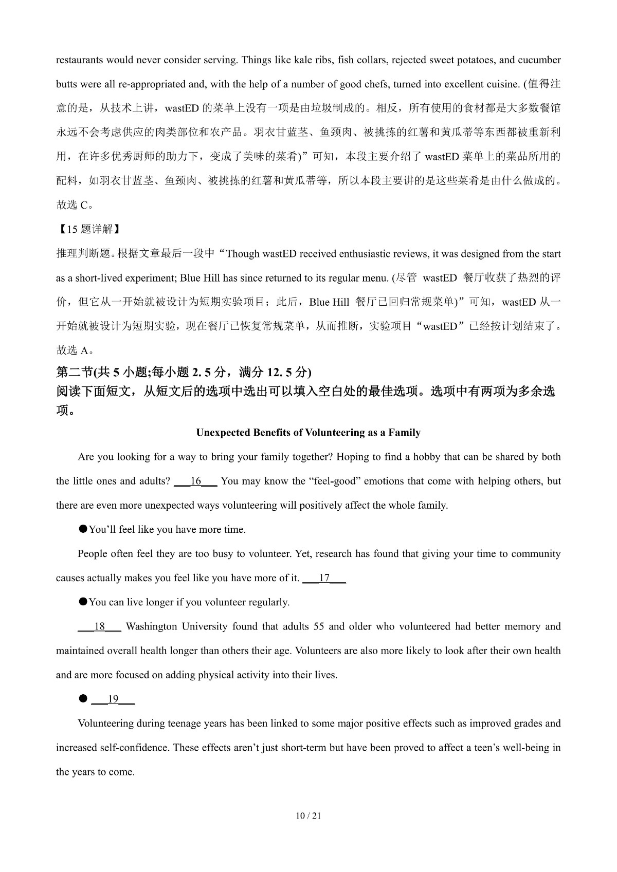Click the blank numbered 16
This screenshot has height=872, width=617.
[195, 481]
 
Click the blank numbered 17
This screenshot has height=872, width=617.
[324, 578]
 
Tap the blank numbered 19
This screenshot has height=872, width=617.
[113, 699]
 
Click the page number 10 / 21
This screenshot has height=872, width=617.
[308, 815]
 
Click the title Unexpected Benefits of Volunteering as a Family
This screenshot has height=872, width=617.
[308, 433]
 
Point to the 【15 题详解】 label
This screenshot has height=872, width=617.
[87, 229]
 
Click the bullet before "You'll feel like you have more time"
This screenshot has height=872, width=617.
[82, 529]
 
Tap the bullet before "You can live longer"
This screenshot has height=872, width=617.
[82, 601]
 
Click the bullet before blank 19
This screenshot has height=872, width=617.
[82, 698]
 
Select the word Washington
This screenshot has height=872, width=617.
[151, 626]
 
